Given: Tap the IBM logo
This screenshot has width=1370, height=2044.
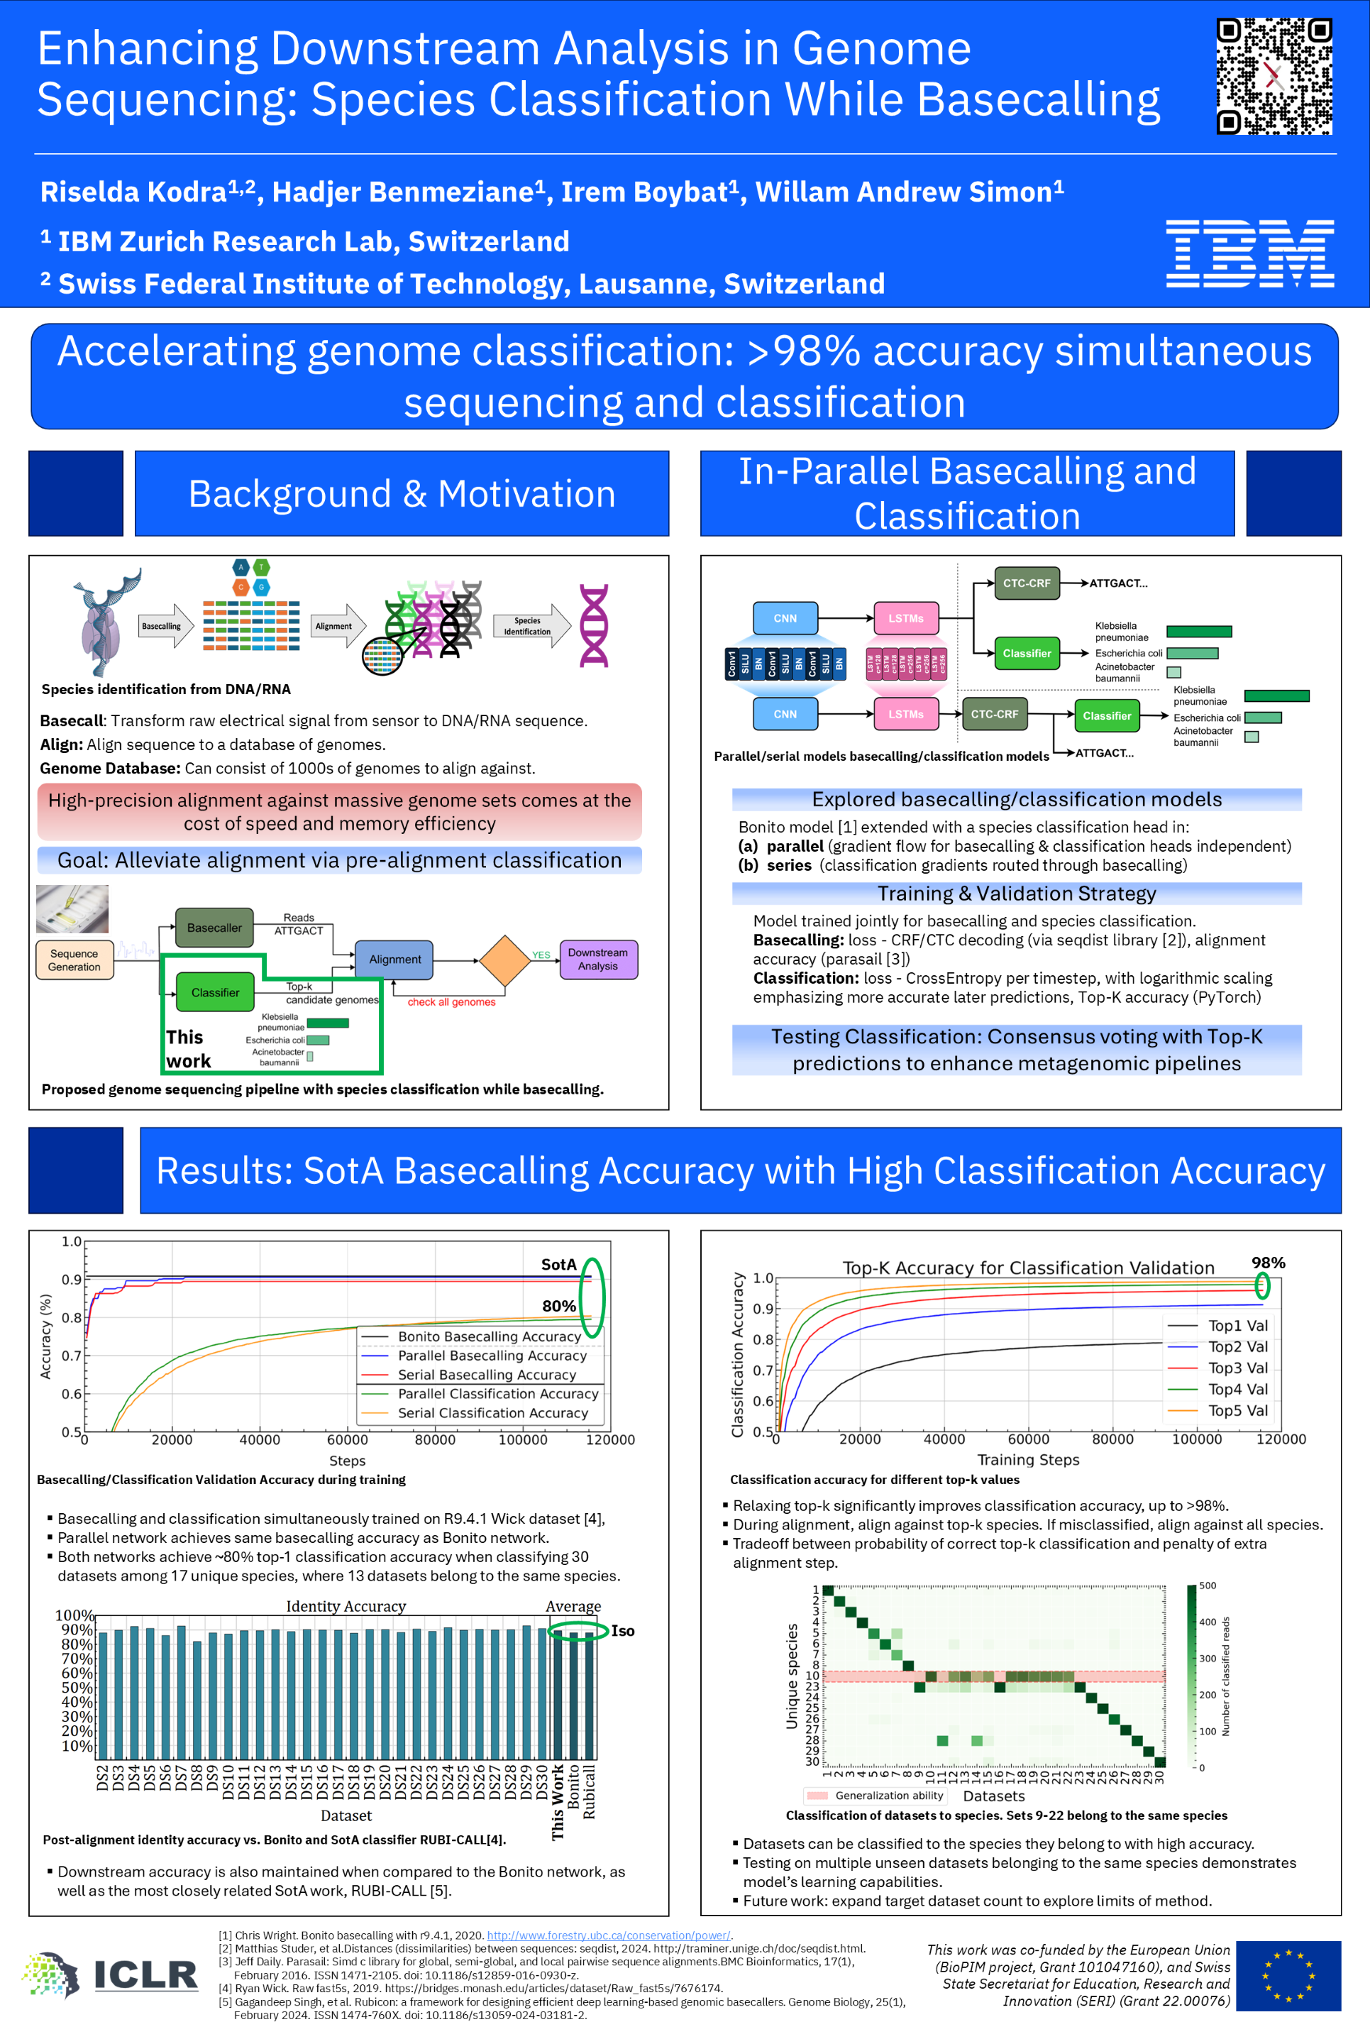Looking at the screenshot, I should (x=1249, y=253).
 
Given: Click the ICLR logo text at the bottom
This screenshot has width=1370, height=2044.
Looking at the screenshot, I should (x=145, y=1974).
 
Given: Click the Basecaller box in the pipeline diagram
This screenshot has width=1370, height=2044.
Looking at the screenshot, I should (x=214, y=927).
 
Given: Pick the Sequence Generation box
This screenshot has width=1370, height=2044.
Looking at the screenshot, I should (x=74, y=960).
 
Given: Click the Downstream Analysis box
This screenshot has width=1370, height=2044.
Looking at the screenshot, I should (x=597, y=960).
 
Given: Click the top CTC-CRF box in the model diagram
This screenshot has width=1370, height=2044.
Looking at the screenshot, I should (x=1027, y=583).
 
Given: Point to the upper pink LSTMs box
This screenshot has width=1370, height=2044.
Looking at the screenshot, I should (x=906, y=618).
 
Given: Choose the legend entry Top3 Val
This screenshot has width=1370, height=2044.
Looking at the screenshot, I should (x=1237, y=1368).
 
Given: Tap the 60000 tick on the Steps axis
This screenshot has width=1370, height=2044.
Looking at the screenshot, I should (x=347, y=1439).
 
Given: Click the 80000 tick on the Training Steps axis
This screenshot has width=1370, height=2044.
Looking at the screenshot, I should (x=1112, y=1439).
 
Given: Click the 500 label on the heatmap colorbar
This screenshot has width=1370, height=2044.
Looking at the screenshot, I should (x=1208, y=1586).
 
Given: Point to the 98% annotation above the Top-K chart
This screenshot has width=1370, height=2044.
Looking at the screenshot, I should (x=1268, y=1263).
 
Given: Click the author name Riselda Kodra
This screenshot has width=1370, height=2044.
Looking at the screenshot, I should (x=133, y=192).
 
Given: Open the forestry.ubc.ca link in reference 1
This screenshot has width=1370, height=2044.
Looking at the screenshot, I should (x=609, y=1935).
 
